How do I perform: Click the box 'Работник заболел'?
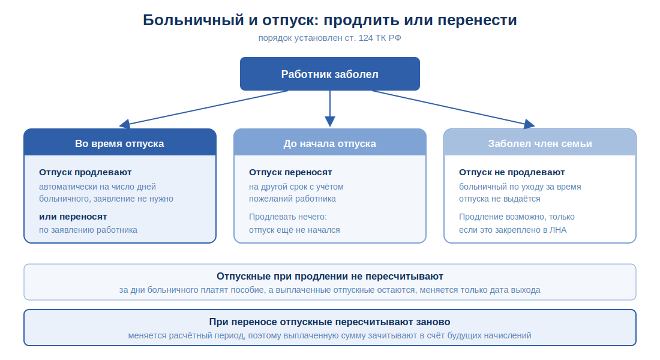329,74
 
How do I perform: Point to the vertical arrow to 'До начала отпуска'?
330,109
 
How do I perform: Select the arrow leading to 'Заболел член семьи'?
454,108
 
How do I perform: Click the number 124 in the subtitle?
366,38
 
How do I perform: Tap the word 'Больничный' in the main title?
193,20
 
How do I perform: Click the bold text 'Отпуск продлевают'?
85,172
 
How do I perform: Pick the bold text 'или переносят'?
73,217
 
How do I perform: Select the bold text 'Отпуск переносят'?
290,172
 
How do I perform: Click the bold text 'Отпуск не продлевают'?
512,172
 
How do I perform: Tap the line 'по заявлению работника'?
88,230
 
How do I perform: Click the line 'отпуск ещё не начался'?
294,230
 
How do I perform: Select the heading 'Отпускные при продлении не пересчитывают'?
330,276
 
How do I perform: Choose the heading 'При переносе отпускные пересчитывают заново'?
329,322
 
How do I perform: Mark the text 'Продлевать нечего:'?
288,217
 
